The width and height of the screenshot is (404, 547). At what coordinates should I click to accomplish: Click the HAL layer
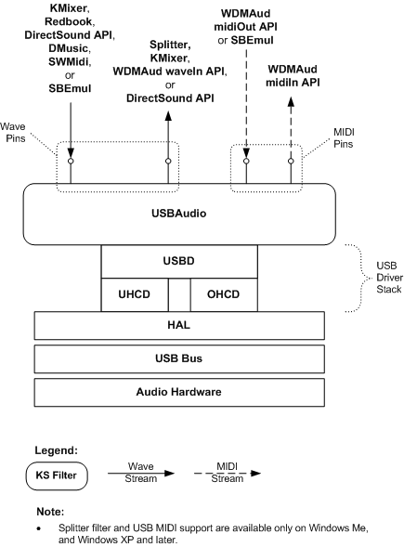pyautogui.click(x=182, y=324)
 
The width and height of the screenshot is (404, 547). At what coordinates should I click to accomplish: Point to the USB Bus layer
pyautogui.click(x=182, y=358)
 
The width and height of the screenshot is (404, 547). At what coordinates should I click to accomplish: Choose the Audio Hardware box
pyautogui.click(x=182, y=392)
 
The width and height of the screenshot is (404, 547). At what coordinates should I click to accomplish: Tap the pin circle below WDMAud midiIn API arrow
pyautogui.click(x=291, y=162)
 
